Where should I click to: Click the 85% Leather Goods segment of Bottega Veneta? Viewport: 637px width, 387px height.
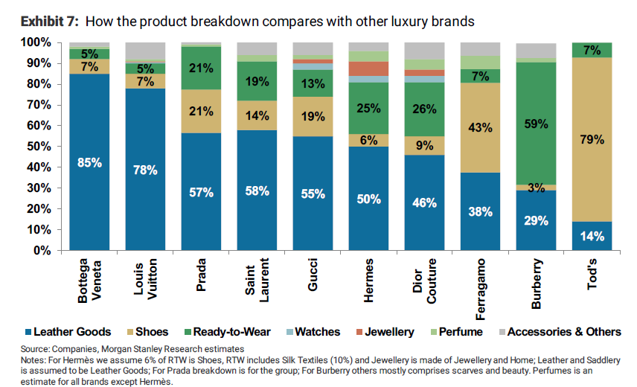89,161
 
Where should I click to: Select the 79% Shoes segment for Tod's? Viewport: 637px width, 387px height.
592,139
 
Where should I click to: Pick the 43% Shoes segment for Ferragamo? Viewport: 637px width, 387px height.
480,127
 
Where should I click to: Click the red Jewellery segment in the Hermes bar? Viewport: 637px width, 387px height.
369,68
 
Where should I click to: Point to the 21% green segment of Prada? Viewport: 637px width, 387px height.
202,68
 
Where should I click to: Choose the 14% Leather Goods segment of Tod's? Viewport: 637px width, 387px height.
592,236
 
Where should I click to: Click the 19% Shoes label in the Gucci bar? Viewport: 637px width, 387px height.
313,116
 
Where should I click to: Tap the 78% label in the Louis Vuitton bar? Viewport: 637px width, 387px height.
146,170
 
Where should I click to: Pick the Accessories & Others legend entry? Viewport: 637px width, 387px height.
564,332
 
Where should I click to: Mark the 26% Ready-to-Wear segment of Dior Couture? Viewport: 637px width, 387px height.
424,109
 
